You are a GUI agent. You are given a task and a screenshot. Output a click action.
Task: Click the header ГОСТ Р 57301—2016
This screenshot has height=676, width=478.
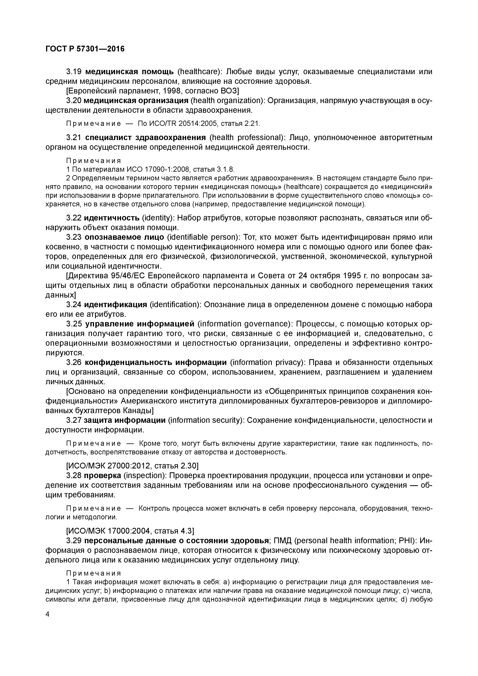pos(85,49)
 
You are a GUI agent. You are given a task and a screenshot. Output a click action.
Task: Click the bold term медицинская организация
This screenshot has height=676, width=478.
pos(136,101)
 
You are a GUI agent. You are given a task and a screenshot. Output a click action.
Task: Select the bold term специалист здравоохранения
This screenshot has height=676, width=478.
pos(146,138)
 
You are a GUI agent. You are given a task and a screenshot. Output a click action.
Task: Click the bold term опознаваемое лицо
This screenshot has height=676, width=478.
pos(124,237)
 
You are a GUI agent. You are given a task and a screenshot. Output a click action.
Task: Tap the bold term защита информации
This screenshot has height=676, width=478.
pos(125,420)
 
